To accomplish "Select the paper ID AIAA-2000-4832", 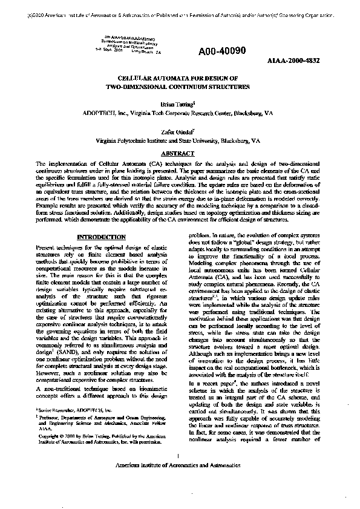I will pyautogui.click(x=293, y=61).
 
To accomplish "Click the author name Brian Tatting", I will pyautogui.click(x=178, y=104).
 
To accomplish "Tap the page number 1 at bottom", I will pyautogui.click(x=180, y=472).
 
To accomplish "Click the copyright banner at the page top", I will pyautogui.click(x=180, y=10).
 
